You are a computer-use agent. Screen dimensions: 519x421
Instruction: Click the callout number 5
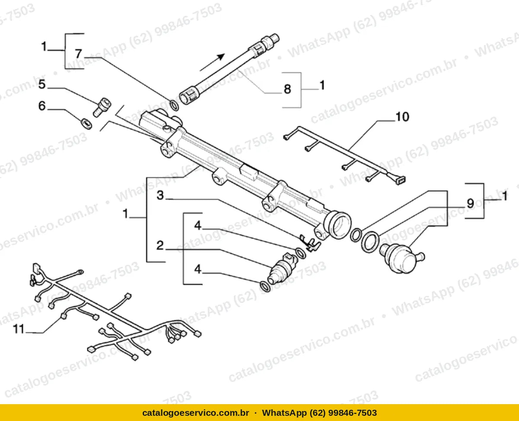coord(42,84)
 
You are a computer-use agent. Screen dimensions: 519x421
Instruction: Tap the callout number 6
coord(42,106)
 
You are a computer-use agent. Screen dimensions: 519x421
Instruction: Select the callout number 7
coord(78,54)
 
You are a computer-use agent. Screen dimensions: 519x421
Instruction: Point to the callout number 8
coord(288,89)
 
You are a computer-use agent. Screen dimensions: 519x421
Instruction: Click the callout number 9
coord(470,203)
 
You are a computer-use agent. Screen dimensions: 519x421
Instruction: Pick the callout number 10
coord(403,117)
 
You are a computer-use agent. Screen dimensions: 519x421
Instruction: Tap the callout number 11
coord(19,329)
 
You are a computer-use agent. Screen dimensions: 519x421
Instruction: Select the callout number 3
coord(160,195)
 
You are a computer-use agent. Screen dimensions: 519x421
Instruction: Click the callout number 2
coord(160,245)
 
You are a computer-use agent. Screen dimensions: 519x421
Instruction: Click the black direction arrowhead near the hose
coord(221,57)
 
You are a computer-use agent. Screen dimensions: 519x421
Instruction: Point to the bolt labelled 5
coord(102,107)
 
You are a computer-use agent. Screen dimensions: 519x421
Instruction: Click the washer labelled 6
coord(86,124)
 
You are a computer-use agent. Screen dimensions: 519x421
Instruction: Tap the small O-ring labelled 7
coord(174,105)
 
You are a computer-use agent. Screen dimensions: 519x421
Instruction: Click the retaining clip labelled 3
coord(309,243)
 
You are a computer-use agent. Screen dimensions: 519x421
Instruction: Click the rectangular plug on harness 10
coord(401,180)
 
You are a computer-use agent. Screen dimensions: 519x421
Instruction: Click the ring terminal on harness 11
coord(80,271)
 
